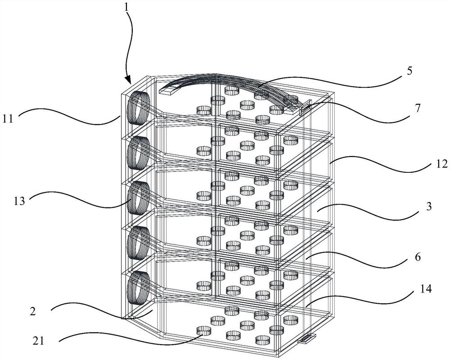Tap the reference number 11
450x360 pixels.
tap(8, 118)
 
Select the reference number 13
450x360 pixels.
tap(19, 201)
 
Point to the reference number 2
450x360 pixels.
tap(33, 311)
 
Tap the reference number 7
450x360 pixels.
tap(417, 108)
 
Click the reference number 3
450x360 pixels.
tap(429, 206)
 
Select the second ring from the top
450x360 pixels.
tap(139, 153)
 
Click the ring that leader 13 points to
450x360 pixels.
tap(139, 198)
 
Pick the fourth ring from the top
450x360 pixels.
tap(139, 243)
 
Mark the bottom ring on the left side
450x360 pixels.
tap(139, 288)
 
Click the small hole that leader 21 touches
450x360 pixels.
tap(204, 331)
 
